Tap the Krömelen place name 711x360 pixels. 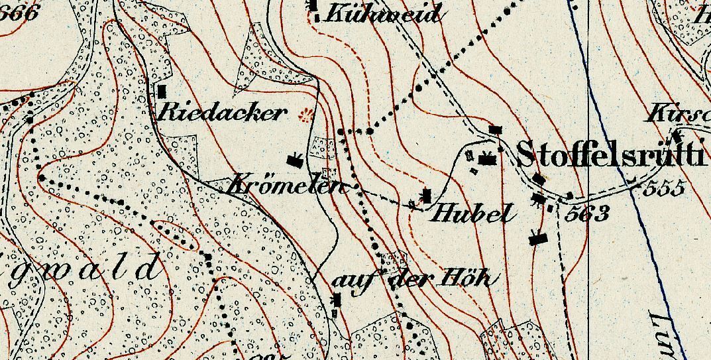287,186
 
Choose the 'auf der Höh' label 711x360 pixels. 411,279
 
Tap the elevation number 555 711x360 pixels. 664,188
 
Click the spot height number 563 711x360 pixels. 588,213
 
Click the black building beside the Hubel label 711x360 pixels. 427,196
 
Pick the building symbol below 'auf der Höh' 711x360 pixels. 337,301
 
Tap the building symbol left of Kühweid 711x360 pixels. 313,5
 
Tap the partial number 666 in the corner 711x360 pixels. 20,11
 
